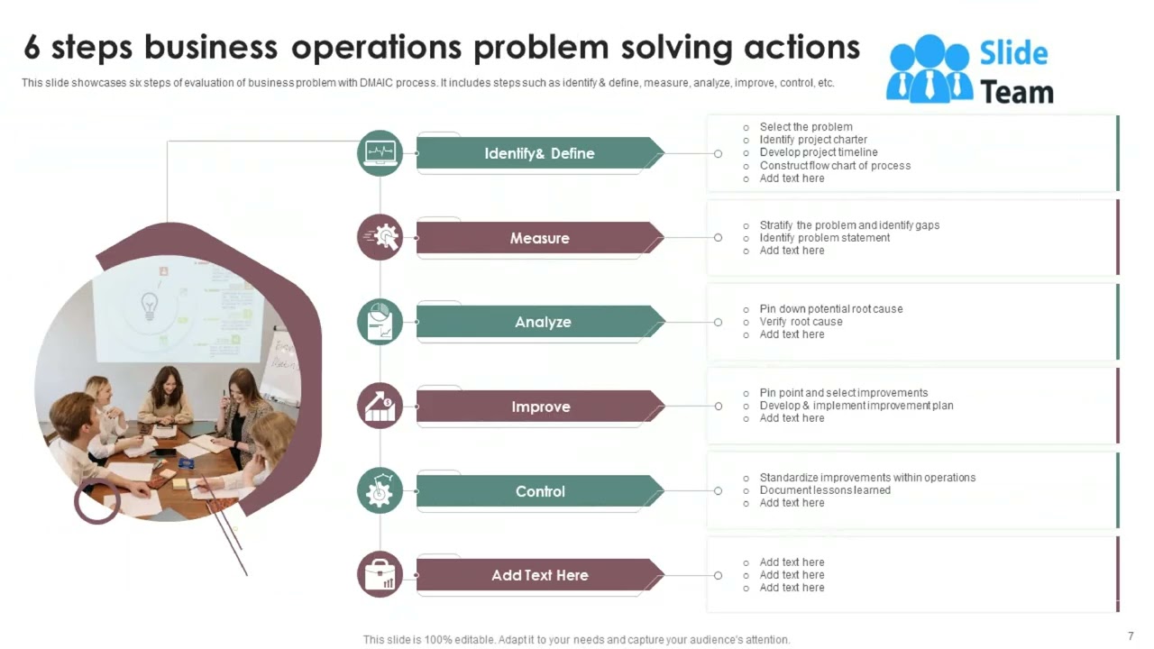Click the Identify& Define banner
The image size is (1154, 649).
point(539,153)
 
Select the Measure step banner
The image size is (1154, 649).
point(539,238)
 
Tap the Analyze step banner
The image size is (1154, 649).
point(541,322)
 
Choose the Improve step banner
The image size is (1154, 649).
point(540,407)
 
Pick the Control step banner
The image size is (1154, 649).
point(539,491)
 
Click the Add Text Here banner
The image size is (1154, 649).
point(539,575)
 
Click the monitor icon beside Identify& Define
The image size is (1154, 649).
point(380,152)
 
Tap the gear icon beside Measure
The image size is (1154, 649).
point(380,237)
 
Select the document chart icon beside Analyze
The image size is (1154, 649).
point(380,322)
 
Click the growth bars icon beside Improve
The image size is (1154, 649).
point(380,406)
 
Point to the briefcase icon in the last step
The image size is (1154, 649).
point(380,574)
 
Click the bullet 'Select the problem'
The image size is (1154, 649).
point(805,127)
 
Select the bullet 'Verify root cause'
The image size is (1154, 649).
point(801,322)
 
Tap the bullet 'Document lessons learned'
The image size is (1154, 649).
point(824,490)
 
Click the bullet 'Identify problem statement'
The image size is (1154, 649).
point(824,238)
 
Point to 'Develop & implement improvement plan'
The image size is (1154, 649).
point(856,406)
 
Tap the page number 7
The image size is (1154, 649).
point(1131,636)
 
